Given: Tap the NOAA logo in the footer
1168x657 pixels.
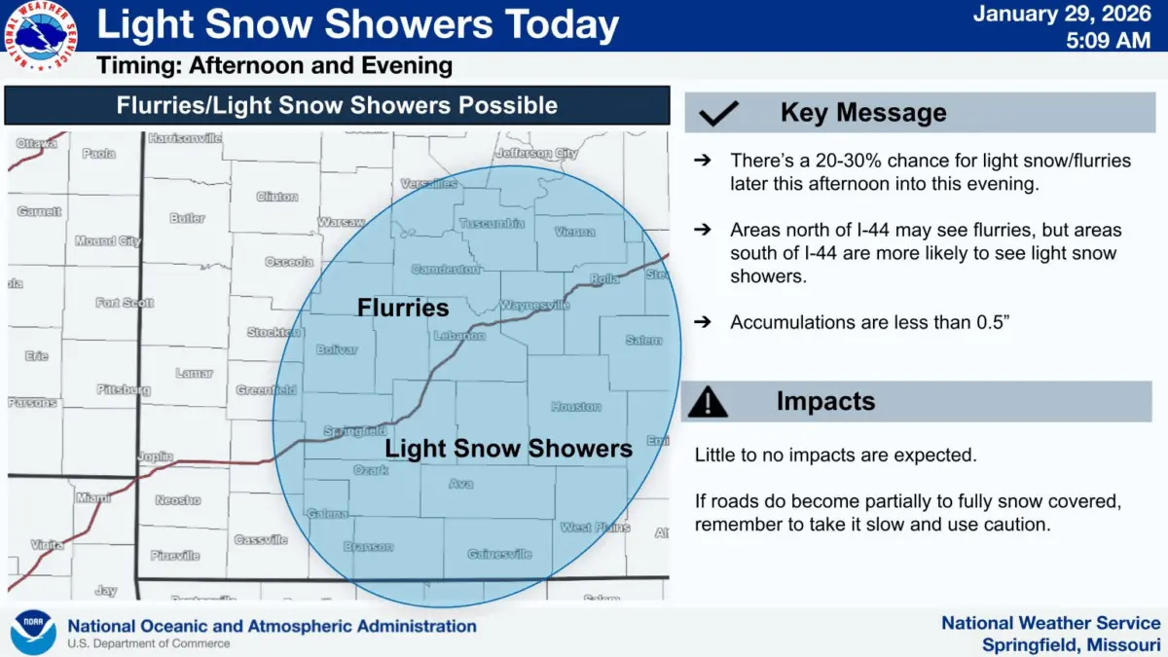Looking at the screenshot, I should pos(33,633).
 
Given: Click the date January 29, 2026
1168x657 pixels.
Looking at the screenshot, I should pos(1068,15).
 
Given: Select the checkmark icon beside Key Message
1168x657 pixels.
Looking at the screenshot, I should pos(719,114).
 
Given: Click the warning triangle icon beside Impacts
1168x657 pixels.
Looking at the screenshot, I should pos(708,401).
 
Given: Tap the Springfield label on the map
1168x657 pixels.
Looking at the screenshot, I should pos(354,431).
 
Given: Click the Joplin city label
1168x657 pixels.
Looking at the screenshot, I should pos(155,456).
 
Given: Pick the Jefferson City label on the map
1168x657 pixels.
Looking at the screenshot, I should pos(536,154).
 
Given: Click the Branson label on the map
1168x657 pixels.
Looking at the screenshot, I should pos(368,547).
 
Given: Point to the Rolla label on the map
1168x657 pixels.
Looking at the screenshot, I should pos(604,278).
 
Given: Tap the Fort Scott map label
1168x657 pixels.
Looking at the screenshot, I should pos(125,303).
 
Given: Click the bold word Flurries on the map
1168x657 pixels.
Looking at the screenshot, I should pos(403,309).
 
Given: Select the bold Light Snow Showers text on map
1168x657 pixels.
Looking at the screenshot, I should pos(508,449).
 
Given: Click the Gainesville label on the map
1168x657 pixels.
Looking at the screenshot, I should pos(499,554).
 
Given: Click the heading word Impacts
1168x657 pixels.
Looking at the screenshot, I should pos(825,401).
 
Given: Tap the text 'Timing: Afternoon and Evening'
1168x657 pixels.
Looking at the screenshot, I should pos(274,66).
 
